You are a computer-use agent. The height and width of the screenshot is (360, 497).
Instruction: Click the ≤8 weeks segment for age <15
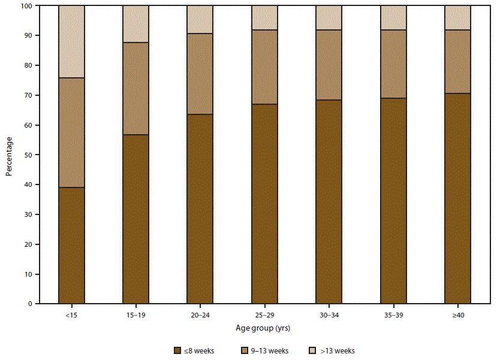tap(71, 246)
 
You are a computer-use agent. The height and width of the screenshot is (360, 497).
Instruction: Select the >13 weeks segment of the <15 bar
tap(71, 41)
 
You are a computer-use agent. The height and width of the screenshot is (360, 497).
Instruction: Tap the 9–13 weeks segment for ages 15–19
tap(135, 89)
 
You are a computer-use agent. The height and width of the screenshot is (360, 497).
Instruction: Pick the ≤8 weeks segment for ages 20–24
tap(200, 209)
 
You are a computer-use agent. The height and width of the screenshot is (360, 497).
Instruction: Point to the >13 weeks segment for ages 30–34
tap(329, 17)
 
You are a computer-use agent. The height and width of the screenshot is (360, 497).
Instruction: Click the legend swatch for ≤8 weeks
tap(177, 350)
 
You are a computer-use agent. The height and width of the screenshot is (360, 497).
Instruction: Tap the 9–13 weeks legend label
tap(269, 351)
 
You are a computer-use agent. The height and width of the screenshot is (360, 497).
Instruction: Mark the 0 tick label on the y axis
tap(29, 304)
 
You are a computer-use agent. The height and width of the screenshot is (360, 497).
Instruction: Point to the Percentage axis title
tap(9, 155)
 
